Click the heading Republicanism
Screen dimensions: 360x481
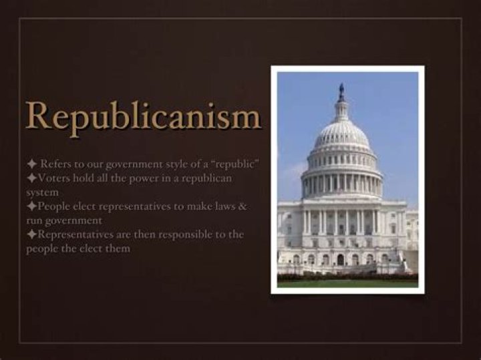[x=142, y=117]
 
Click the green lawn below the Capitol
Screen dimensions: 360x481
[x=347, y=283]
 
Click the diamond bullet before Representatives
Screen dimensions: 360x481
[x=31, y=234]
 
